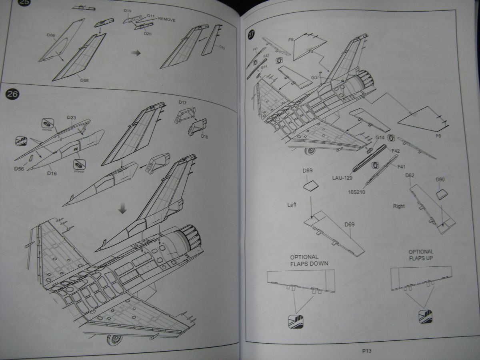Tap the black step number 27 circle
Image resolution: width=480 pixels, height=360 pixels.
tap(251, 35)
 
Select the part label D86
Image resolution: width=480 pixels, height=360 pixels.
tap(50, 35)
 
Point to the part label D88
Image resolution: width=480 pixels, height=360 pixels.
tap(84, 80)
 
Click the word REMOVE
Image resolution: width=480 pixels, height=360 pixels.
tap(166, 19)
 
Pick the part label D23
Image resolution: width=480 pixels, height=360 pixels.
tap(71, 118)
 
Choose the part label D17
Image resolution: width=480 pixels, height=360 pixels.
tap(183, 102)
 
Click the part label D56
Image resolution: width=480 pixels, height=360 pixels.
tap(19, 168)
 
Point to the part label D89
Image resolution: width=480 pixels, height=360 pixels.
tap(308, 170)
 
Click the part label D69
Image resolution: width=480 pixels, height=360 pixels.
tap(349, 225)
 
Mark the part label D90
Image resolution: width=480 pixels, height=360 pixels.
tap(440, 180)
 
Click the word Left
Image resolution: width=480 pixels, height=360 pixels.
tap(292, 205)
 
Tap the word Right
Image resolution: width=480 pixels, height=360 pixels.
tap(399, 206)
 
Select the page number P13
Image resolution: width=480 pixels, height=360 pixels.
tap(367, 351)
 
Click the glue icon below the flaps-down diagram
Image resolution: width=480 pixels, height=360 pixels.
tap(296, 321)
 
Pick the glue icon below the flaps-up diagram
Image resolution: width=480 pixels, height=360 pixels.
tap(425, 316)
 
